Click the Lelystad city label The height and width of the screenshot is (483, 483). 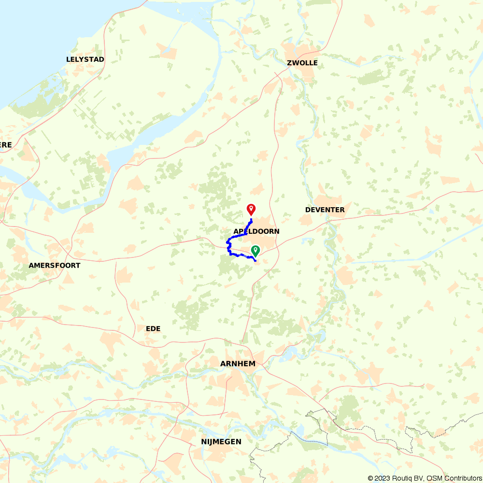point(85,59)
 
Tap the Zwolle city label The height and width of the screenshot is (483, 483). point(302,63)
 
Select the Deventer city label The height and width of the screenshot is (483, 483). point(325,210)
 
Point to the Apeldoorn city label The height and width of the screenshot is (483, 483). point(256,231)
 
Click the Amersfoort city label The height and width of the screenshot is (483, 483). point(55,265)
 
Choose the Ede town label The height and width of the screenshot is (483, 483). point(153,328)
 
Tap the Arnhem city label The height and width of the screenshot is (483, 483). point(237,363)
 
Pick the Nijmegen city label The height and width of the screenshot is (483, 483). point(221,441)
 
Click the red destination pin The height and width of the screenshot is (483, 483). point(251,209)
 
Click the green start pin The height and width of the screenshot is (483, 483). point(255,251)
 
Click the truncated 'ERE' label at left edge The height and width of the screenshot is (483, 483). point(6,144)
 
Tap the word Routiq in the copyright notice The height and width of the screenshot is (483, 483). point(403,478)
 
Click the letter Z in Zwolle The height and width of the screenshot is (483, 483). point(289,63)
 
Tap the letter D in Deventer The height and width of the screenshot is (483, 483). point(308,210)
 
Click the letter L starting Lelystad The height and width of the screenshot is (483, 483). point(68,59)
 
